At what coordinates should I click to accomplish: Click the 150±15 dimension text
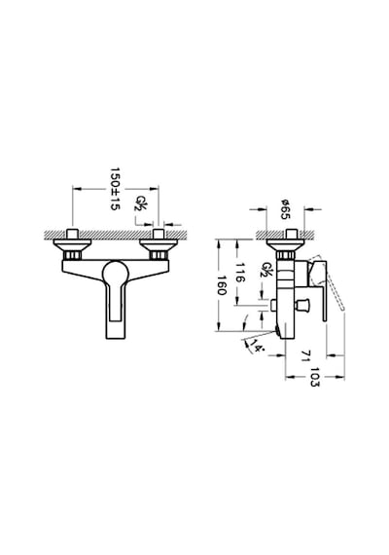coord(116,189)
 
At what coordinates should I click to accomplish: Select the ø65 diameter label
coord(285,209)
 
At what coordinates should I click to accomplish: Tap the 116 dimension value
coord(240,273)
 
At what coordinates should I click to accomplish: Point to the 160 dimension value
coord(222,285)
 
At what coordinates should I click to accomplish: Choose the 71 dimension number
coord(306,355)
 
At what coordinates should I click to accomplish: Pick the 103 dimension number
coord(314,377)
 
